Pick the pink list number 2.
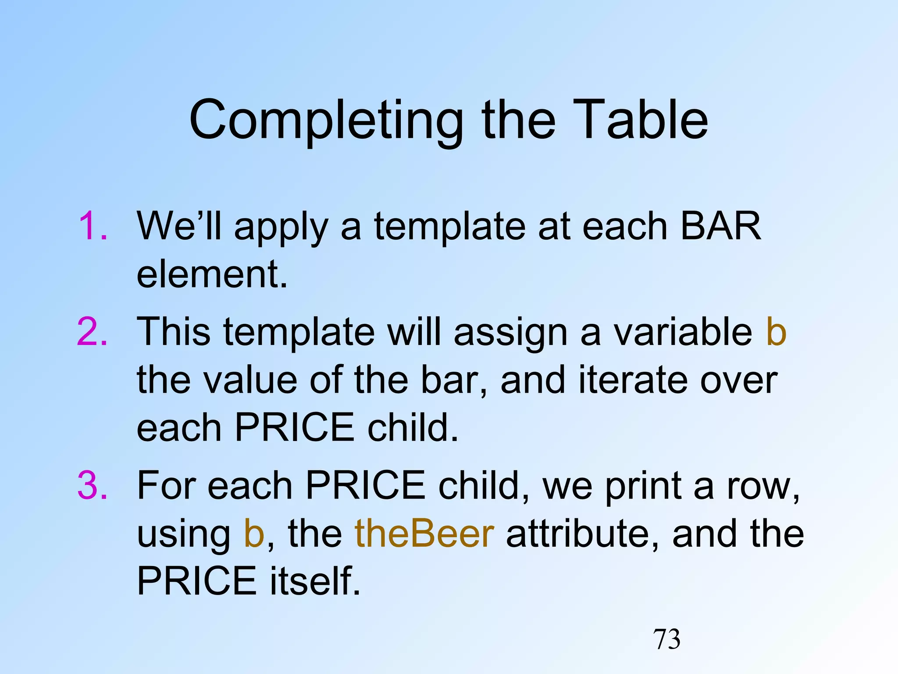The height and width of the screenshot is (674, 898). tap(92, 332)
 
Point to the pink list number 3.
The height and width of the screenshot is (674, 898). tap(92, 485)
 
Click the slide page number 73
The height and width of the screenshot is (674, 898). tap(667, 639)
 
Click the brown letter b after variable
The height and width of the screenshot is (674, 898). tap(776, 332)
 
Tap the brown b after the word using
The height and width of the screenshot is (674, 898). tap(254, 534)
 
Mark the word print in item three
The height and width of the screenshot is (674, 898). tap(643, 486)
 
